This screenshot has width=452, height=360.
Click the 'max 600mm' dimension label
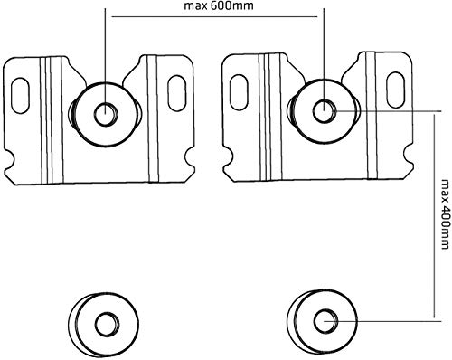tap(219, 5)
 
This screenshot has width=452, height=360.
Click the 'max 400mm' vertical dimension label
tap(445, 214)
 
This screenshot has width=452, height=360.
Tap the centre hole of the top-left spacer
tap(106, 114)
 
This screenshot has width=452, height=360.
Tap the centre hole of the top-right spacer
tap(324, 111)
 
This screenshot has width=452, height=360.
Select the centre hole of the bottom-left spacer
tap(107, 325)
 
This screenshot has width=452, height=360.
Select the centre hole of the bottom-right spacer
tap(325, 320)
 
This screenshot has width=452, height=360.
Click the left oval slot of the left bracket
tap(21, 96)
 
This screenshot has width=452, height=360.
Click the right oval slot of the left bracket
tap(176, 93)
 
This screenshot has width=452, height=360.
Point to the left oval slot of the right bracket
tap(239, 92)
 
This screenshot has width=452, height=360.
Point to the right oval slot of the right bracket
tap(396, 90)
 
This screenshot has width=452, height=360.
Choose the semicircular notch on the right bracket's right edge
tap(408, 155)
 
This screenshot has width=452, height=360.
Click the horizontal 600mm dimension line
tap(214, 17)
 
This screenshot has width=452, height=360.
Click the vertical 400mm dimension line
tap(434, 215)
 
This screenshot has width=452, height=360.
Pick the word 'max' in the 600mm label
tap(195, 6)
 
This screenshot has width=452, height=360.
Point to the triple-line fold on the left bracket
tap(52, 120)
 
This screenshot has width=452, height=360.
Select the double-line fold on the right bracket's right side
tap(371, 115)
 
